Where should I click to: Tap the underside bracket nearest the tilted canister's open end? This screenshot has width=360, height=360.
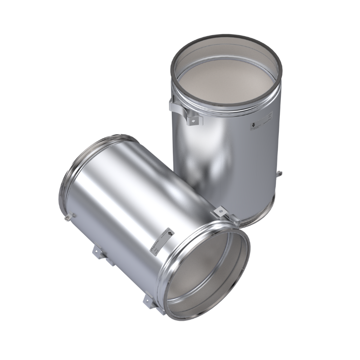point(146,301)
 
